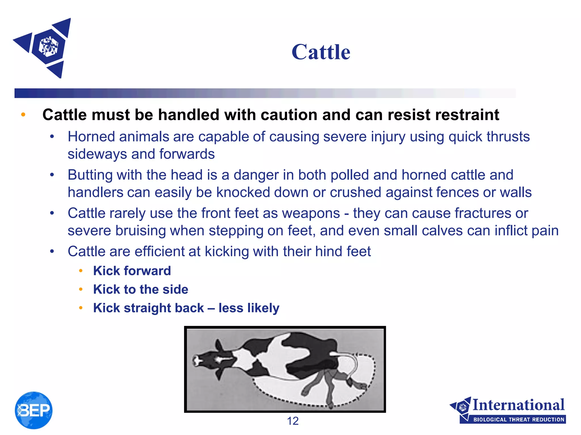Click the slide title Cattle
tap(321, 52)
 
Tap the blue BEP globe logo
tap(33, 410)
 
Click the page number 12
tap(293, 421)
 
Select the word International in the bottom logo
tap(518, 405)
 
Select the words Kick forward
tap(132, 271)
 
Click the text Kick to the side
tap(140, 289)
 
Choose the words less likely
tap(249, 308)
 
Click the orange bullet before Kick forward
tap(81, 271)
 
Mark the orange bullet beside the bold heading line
tap(23, 115)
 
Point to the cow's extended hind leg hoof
tap(361, 385)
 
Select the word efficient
tap(167, 251)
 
